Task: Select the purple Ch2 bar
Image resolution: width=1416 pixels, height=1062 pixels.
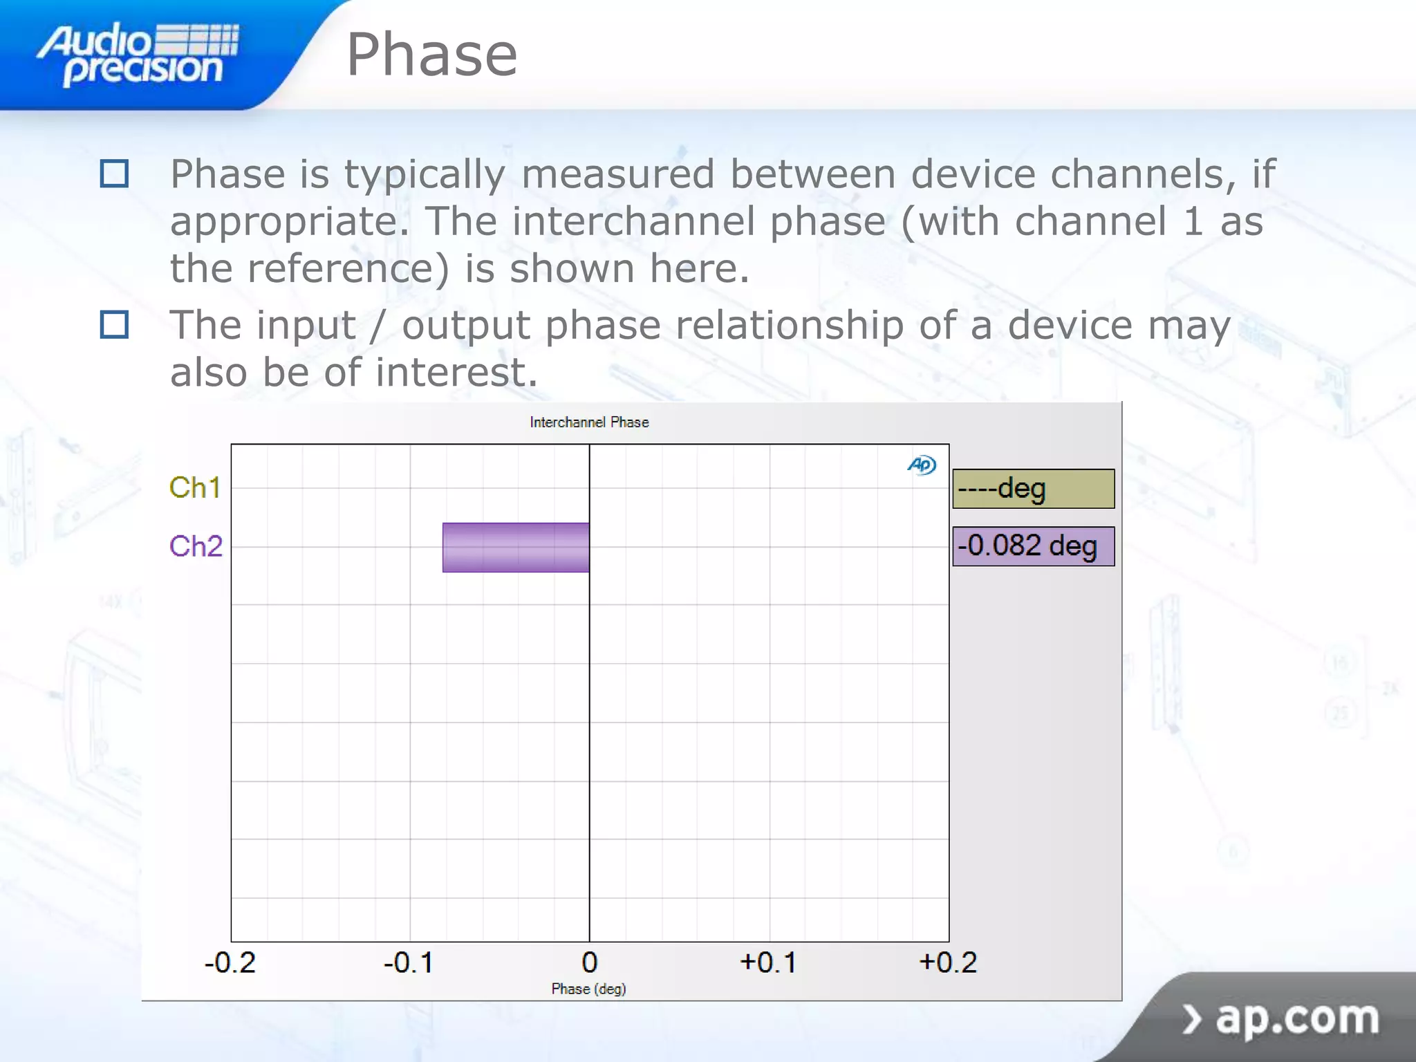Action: tap(516, 547)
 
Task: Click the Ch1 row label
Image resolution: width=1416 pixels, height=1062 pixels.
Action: tap(195, 488)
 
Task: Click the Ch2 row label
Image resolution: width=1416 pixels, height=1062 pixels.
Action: tap(196, 546)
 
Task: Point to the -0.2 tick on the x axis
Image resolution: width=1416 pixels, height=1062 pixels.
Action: tap(230, 962)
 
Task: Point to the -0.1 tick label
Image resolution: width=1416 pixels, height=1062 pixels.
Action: tap(409, 962)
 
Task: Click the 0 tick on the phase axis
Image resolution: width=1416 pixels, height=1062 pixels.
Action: tap(589, 962)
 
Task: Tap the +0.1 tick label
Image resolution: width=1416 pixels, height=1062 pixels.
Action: tap(768, 962)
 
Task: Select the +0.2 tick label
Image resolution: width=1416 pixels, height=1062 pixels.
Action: tap(948, 962)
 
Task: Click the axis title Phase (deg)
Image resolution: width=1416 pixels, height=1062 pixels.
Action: tap(588, 989)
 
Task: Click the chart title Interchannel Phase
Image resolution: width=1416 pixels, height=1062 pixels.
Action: tap(589, 422)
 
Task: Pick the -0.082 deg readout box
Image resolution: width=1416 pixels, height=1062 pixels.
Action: tap(1033, 546)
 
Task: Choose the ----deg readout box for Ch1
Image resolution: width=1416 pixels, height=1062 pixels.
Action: tap(1033, 489)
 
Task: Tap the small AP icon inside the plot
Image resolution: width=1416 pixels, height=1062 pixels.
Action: tap(922, 465)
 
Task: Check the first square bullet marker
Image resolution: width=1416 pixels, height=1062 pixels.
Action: tap(114, 174)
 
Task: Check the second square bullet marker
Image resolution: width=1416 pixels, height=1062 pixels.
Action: tap(114, 324)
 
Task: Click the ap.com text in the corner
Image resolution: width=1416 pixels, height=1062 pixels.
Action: tap(1296, 1018)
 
